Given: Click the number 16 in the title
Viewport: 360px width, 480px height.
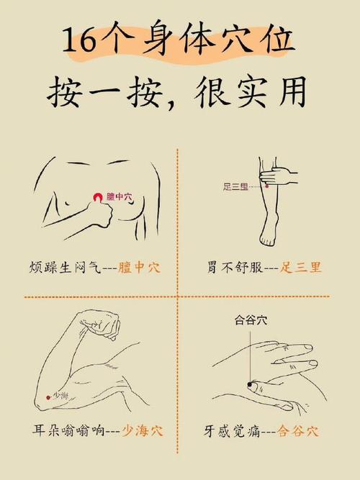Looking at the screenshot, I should [78, 42].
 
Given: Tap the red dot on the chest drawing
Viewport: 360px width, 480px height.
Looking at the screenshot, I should [97, 196].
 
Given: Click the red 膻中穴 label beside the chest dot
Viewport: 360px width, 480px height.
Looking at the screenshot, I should [120, 196].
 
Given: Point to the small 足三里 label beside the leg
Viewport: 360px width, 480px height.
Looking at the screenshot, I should [235, 187].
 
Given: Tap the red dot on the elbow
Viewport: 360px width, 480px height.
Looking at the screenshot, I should [48, 396].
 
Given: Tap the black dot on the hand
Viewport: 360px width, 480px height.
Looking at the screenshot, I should [250, 385].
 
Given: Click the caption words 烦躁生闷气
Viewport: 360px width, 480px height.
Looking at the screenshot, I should [60, 268].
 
